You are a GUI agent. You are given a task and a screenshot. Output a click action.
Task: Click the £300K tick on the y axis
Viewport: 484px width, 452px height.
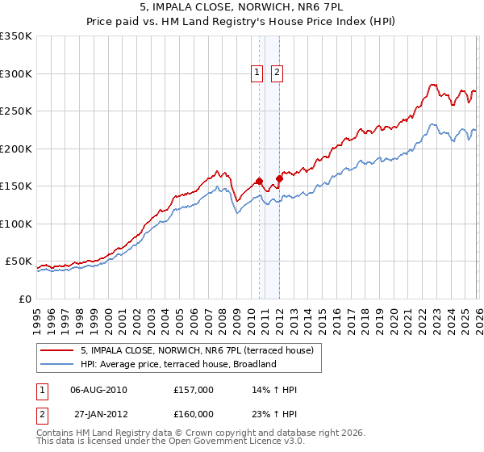point(15,73)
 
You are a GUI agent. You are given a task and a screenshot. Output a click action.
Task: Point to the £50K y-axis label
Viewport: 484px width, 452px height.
point(18,262)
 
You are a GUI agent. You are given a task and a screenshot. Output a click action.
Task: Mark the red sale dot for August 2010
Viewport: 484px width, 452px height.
point(259,181)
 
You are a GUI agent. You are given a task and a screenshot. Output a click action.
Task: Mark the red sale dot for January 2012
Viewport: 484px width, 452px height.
point(279,178)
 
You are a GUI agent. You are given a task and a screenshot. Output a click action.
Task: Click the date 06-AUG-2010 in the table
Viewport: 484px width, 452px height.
point(99,390)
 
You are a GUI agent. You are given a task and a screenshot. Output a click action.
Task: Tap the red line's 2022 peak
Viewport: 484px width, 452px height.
point(433,84)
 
